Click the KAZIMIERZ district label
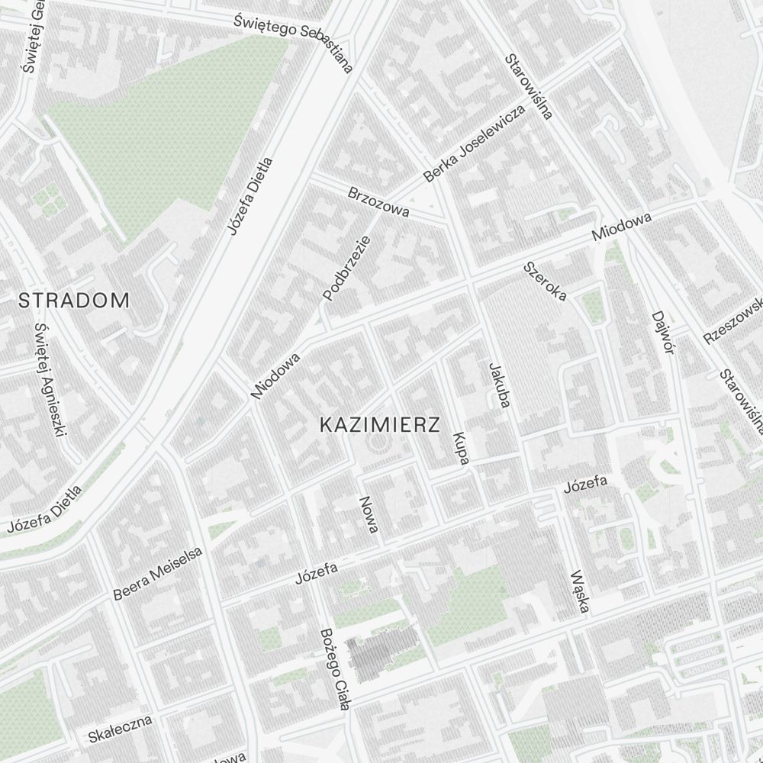[x=380, y=425]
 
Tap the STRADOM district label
[x=74, y=301]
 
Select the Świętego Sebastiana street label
[x=294, y=41]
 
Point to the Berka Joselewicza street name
[x=475, y=143]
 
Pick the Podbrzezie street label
[x=346, y=268]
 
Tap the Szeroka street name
[x=545, y=281]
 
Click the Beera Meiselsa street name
[x=158, y=574]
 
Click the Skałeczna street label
[x=120, y=729]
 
